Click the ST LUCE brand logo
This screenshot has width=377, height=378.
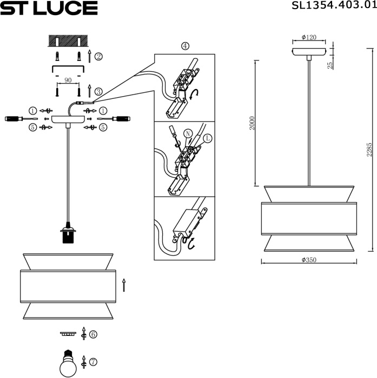49,8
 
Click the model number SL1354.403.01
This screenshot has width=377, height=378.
333,6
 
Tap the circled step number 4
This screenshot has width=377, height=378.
185,46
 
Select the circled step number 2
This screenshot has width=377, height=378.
98,56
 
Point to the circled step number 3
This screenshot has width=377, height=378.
98,92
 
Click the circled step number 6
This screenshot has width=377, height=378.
93,335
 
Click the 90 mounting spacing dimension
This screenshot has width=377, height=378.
68,80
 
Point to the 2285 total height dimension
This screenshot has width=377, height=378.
369,150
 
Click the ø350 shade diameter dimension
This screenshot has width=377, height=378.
309,260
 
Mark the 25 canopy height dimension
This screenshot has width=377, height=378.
330,65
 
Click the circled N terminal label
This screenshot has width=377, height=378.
188,133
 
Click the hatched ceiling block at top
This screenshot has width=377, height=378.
68,41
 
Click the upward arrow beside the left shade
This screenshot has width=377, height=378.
124,285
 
